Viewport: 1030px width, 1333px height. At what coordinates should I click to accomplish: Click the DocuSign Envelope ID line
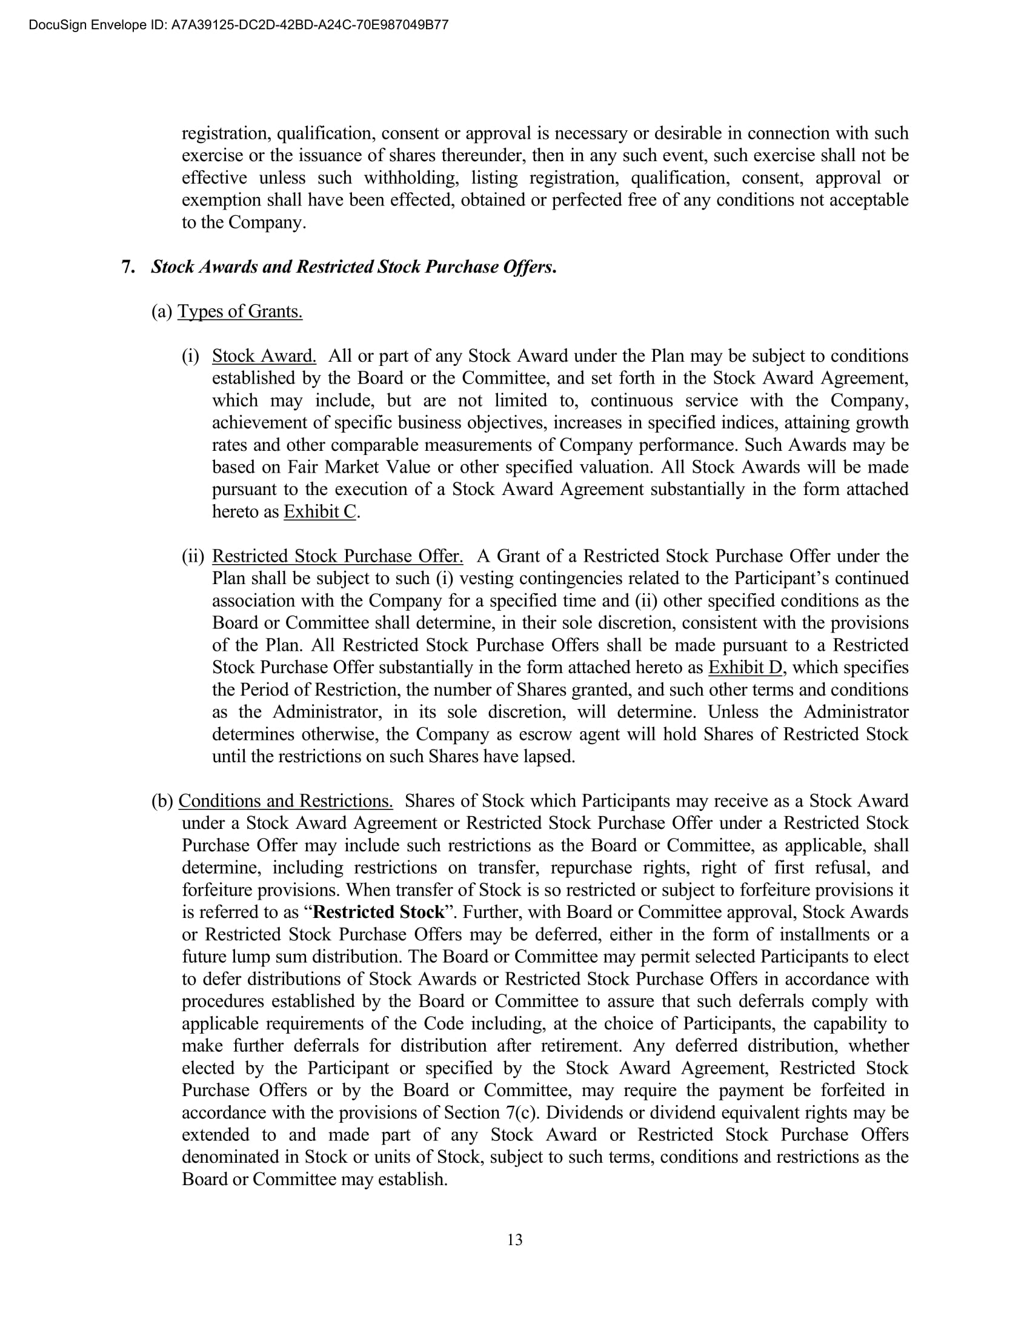[x=239, y=25]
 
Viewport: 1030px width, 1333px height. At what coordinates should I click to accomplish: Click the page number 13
[x=514, y=1240]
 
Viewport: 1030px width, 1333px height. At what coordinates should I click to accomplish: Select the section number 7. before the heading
[x=128, y=267]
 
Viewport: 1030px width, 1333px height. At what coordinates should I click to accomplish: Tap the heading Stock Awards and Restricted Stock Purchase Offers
[x=353, y=267]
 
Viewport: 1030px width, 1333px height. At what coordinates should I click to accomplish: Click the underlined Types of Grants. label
[x=240, y=311]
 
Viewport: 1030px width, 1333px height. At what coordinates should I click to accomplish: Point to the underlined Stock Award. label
[x=264, y=356]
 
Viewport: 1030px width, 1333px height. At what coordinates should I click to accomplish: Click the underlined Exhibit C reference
[x=320, y=511]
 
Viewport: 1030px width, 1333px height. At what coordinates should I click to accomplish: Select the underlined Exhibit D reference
[x=745, y=667]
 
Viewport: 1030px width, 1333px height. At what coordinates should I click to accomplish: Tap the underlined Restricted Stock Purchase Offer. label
[x=337, y=556]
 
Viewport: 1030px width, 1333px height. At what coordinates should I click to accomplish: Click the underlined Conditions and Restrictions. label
[x=285, y=801]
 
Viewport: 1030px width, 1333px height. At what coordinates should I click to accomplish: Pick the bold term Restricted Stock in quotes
[x=378, y=912]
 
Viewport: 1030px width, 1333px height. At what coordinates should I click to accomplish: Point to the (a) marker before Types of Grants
[x=162, y=311]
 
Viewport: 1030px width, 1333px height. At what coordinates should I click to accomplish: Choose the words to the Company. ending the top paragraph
[x=244, y=222]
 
